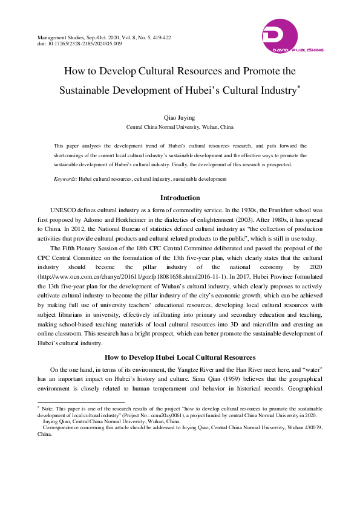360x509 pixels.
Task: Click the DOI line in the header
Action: pos(80,44)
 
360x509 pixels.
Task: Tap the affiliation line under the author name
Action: pos(180,128)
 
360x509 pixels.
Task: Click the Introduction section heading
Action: pos(180,198)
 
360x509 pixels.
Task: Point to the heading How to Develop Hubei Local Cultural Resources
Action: pos(180,357)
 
